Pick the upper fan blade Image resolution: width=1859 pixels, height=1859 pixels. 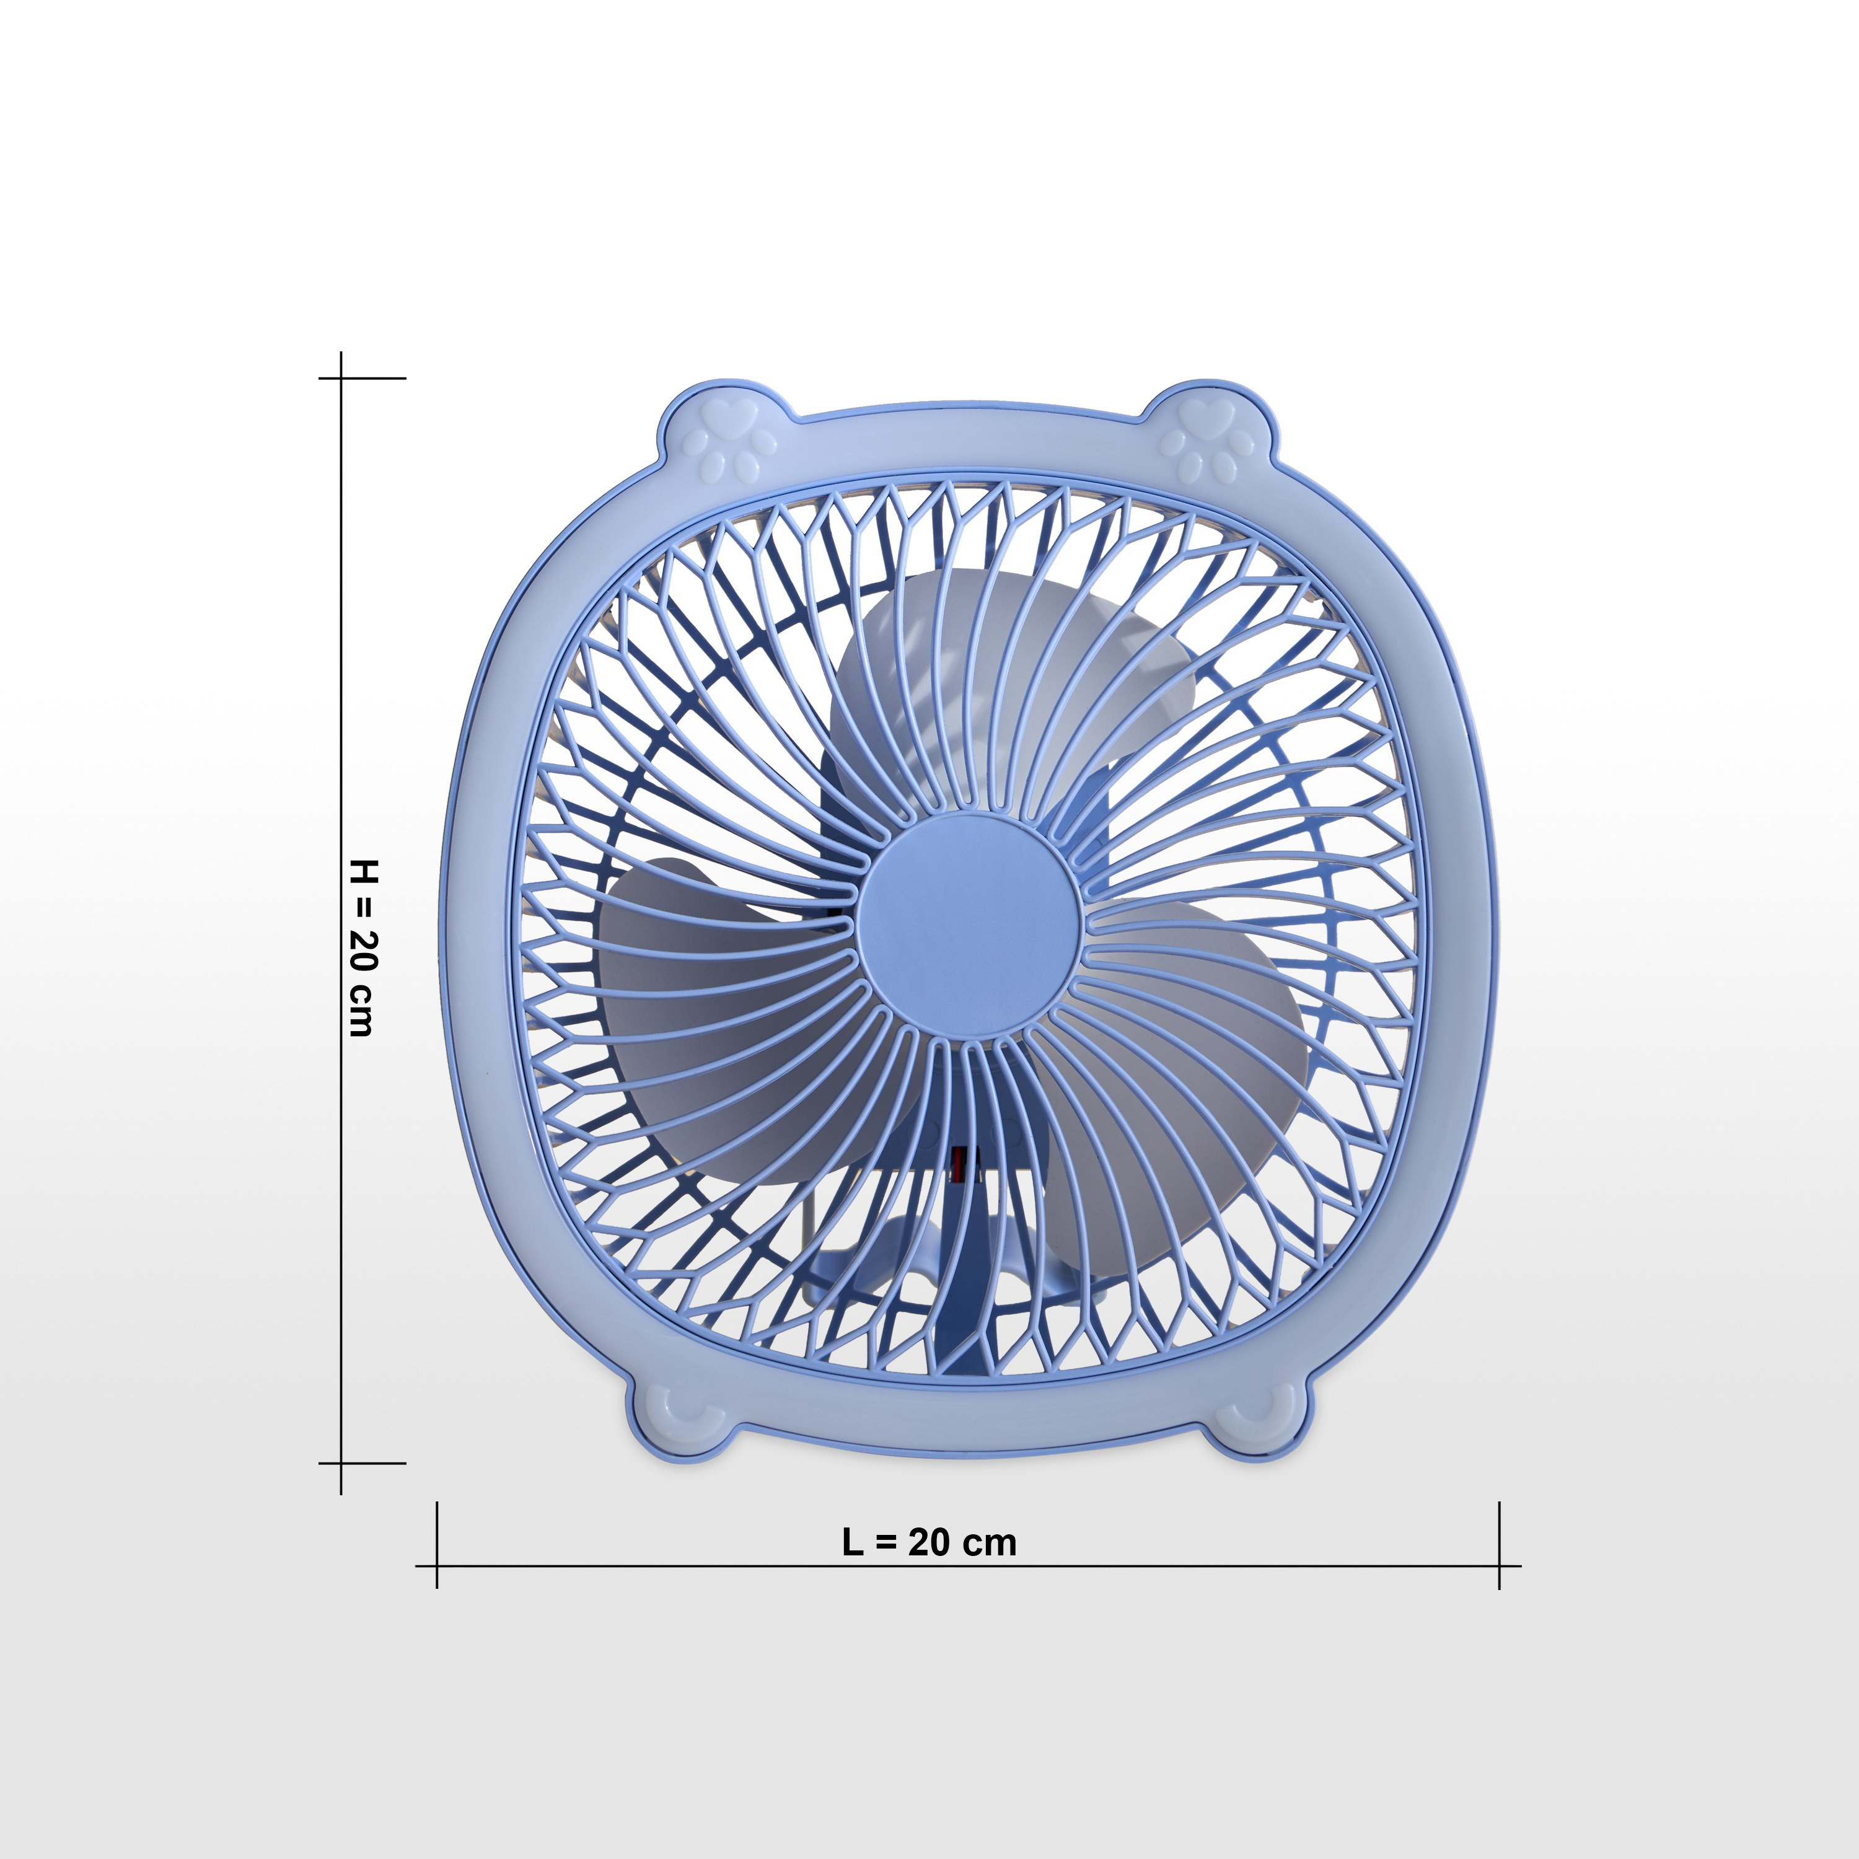1001,693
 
